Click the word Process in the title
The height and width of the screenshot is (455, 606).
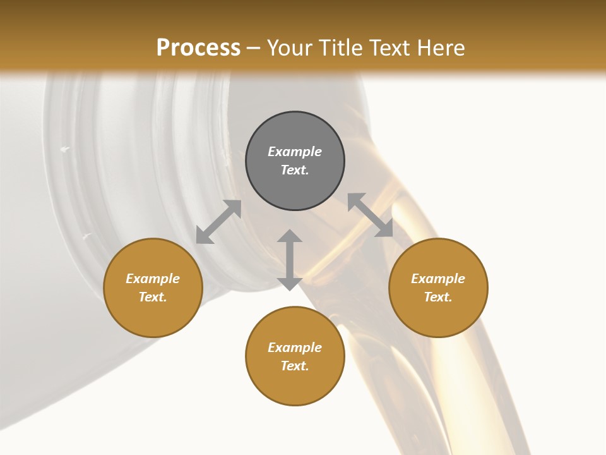(198, 49)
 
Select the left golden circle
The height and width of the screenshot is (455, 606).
(153, 316)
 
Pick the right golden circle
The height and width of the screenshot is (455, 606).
(438, 316)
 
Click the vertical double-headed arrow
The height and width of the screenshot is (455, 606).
(290, 260)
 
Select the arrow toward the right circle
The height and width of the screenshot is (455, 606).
(370, 215)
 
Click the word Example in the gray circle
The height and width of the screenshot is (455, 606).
(295, 152)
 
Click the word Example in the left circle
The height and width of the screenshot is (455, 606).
(153, 279)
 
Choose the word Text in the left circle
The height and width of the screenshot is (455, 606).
(152, 297)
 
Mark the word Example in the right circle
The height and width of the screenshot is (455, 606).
(438, 279)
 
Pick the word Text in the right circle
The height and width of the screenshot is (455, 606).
(437, 297)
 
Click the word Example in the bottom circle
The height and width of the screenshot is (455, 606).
(295, 348)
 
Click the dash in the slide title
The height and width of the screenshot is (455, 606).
(254, 49)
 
